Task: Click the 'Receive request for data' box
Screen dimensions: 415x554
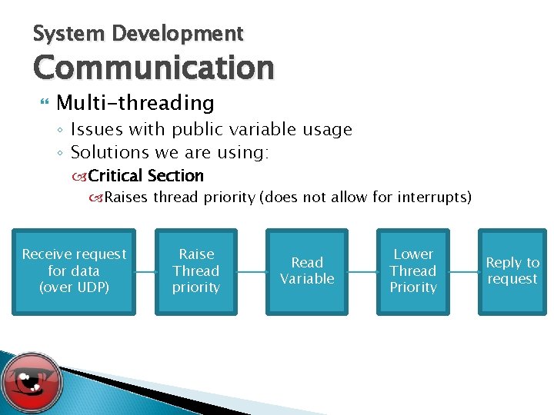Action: (74, 271)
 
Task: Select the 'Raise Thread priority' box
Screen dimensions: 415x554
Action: (196, 271)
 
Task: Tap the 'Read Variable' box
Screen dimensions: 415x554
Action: (307, 271)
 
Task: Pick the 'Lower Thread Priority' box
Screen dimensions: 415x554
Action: (413, 271)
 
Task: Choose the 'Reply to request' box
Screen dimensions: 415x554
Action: (512, 271)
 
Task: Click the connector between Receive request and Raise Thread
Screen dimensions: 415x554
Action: (145, 271)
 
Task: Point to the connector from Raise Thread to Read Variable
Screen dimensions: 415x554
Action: (252, 271)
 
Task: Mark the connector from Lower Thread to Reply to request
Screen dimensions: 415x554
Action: (463, 271)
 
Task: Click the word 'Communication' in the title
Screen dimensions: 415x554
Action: (153, 68)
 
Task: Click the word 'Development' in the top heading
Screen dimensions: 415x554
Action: (177, 34)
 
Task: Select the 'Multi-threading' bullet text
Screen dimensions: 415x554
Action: (135, 102)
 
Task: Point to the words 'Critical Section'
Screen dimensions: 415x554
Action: (146, 176)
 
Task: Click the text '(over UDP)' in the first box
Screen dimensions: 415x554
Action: (74, 287)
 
